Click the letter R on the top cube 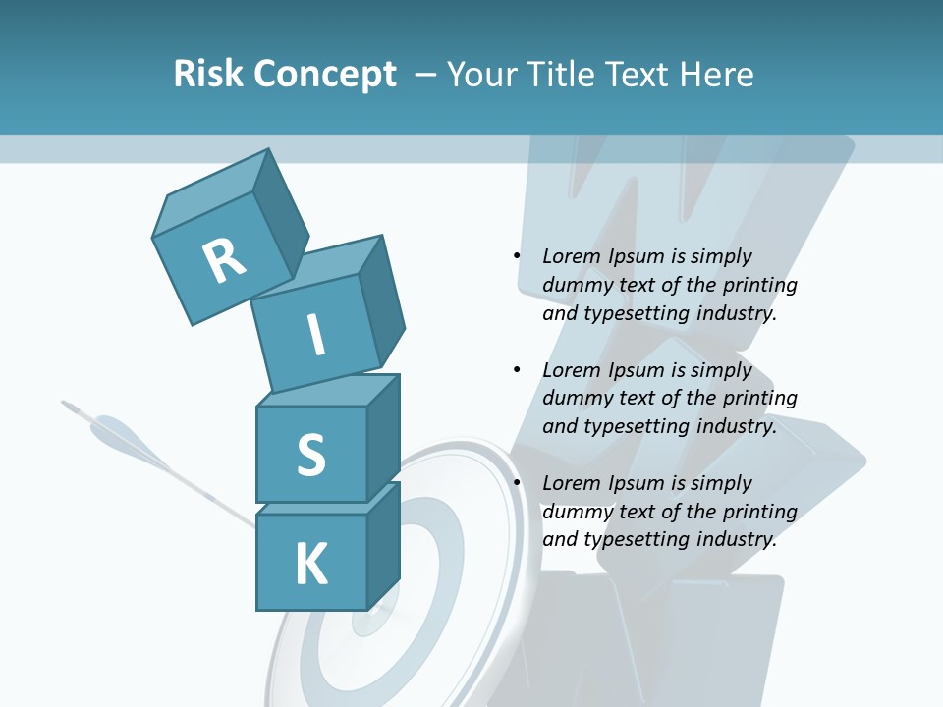click(224, 260)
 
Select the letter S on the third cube click(310, 455)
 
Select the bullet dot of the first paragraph click(517, 256)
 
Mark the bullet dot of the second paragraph click(517, 370)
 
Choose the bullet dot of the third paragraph click(517, 483)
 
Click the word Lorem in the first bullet click(571, 256)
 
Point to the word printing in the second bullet click(759, 398)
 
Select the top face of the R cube click(212, 196)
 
